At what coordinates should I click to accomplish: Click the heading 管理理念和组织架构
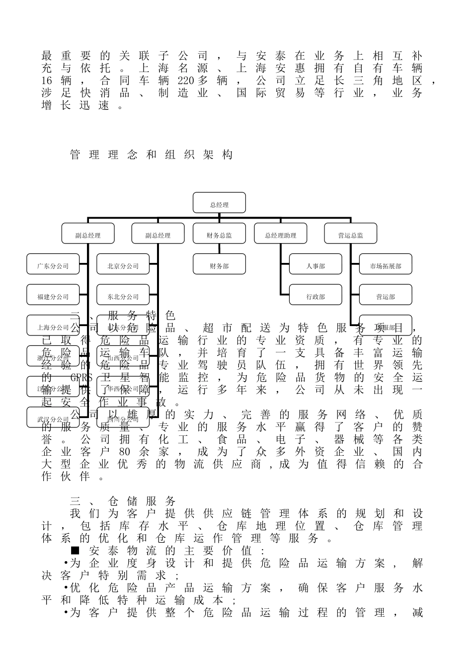point(152,155)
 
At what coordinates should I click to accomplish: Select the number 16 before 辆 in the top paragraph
point(47,80)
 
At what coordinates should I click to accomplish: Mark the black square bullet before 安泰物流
point(75,550)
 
